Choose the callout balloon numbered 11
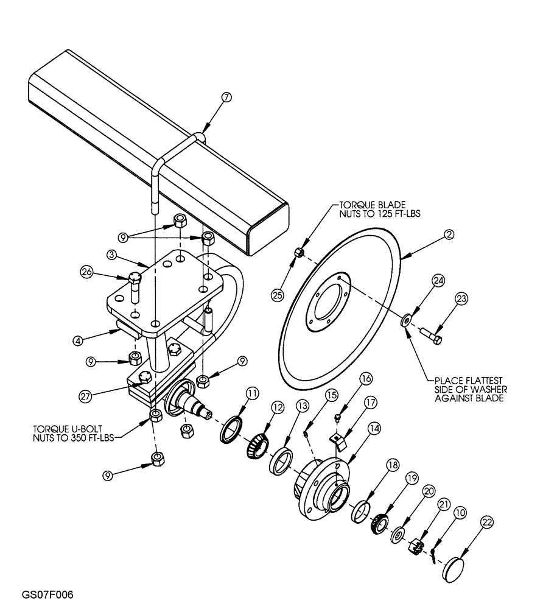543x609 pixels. click(251, 394)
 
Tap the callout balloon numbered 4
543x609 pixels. click(78, 342)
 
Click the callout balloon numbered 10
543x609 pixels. click(460, 513)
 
